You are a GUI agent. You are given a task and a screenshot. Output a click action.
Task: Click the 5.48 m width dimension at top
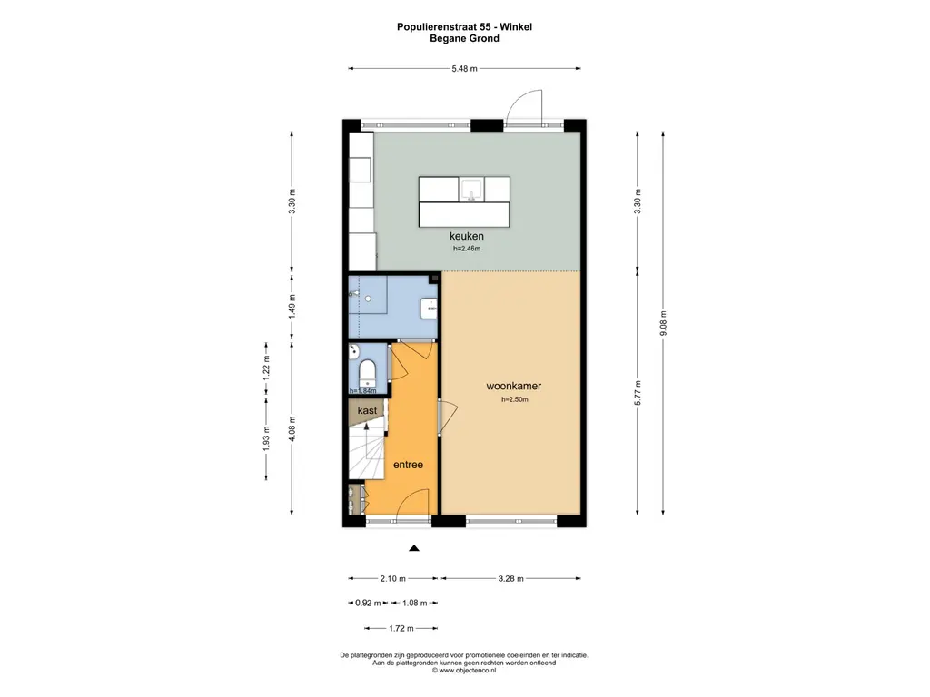[465, 68]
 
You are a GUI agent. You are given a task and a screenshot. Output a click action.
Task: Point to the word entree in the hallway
[408, 465]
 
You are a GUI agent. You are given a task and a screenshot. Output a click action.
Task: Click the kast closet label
[367, 411]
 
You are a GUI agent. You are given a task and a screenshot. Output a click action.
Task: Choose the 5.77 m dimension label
[638, 394]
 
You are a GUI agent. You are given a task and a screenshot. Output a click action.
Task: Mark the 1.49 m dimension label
[292, 309]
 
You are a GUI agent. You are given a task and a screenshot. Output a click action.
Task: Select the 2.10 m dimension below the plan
[392, 578]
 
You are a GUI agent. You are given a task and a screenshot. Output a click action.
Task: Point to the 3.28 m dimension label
[510, 578]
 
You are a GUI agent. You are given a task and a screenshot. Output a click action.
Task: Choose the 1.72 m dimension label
[401, 628]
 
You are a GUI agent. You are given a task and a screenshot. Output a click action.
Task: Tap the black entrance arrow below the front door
[414, 548]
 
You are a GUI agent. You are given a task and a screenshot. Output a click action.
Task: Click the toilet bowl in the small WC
[367, 373]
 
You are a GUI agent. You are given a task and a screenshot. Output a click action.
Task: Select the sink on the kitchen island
[472, 188]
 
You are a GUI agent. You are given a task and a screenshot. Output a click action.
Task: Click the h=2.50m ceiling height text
[514, 400]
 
